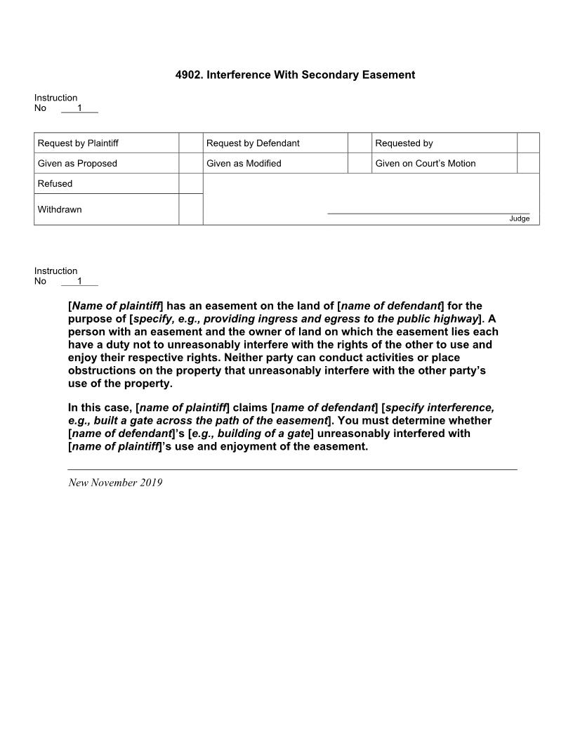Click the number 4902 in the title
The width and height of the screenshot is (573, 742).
point(188,74)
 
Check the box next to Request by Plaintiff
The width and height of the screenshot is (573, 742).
point(191,143)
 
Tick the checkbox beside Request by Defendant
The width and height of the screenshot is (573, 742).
point(360,143)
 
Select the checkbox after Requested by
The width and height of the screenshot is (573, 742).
point(528,143)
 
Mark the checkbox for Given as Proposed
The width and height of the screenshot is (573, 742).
point(191,163)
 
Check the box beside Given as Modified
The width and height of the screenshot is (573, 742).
point(360,163)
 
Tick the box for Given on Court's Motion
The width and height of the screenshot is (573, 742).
point(528,163)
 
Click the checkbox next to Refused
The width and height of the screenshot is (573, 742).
point(191,183)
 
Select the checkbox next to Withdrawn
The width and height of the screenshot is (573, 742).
point(191,209)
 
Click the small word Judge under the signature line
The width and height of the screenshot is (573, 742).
point(520,219)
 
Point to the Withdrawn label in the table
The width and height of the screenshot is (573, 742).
point(60,209)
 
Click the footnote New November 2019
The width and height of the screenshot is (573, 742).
point(115,483)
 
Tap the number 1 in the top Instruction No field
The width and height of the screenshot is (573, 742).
point(79,108)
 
